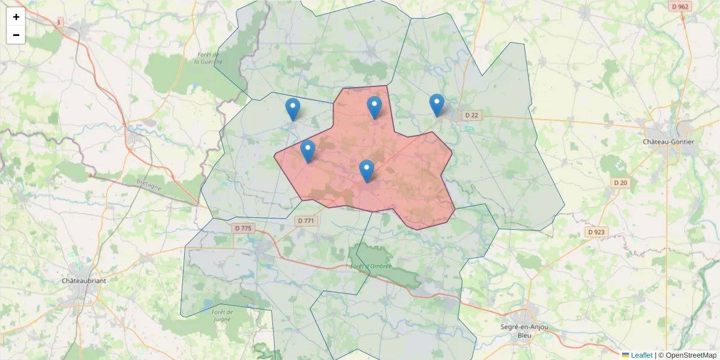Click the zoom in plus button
click(16, 17)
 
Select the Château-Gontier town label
click(668, 142)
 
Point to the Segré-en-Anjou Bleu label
click(524, 331)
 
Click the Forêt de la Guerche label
click(209, 58)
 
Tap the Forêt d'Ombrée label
click(370, 266)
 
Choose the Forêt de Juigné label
click(222, 316)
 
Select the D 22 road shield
click(472, 115)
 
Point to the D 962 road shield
click(680, 7)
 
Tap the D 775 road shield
click(243, 228)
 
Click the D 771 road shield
click(305, 221)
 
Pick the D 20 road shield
click(620, 182)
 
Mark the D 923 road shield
click(596, 232)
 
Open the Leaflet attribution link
click(641, 355)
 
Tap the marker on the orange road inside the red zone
click(367, 171)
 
